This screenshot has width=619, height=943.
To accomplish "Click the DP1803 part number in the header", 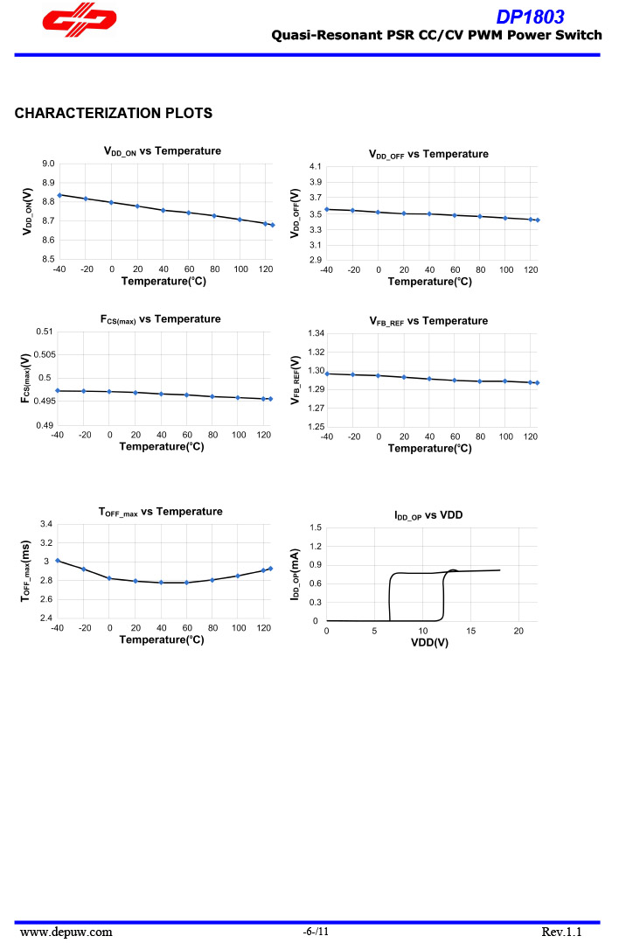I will click(x=530, y=17).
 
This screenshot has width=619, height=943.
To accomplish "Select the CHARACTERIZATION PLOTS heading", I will click(x=114, y=113).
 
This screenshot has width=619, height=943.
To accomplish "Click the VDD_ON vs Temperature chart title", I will click(x=162, y=151).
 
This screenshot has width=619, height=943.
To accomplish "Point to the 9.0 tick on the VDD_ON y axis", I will click(x=48, y=164).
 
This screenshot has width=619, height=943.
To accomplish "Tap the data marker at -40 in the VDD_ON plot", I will click(x=59, y=195).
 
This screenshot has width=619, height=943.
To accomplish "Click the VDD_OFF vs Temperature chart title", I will click(x=428, y=154).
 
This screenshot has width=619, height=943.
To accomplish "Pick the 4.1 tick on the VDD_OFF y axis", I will click(x=316, y=166).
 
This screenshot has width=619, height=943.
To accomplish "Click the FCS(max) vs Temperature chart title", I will click(x=160, y=319).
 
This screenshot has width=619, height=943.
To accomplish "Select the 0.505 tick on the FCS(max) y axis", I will click(x=44, y=354).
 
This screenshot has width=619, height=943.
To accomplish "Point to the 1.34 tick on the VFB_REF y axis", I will click(x=316, y=333).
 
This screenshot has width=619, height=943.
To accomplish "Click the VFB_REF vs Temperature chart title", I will click(x=428, y=321).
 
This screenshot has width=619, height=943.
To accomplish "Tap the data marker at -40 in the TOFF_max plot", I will click(x=58, y=561).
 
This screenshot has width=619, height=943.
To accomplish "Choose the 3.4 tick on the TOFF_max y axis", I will click(x=46, y=524).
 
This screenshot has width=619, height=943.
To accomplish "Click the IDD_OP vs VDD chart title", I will click(x=428, y=516).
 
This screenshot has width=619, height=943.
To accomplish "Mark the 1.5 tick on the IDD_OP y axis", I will click(x=316, y=527).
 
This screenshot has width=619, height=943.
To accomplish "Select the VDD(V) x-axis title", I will click(x=429, y=643).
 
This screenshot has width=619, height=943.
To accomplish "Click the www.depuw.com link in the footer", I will click(x=66, y=932).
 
